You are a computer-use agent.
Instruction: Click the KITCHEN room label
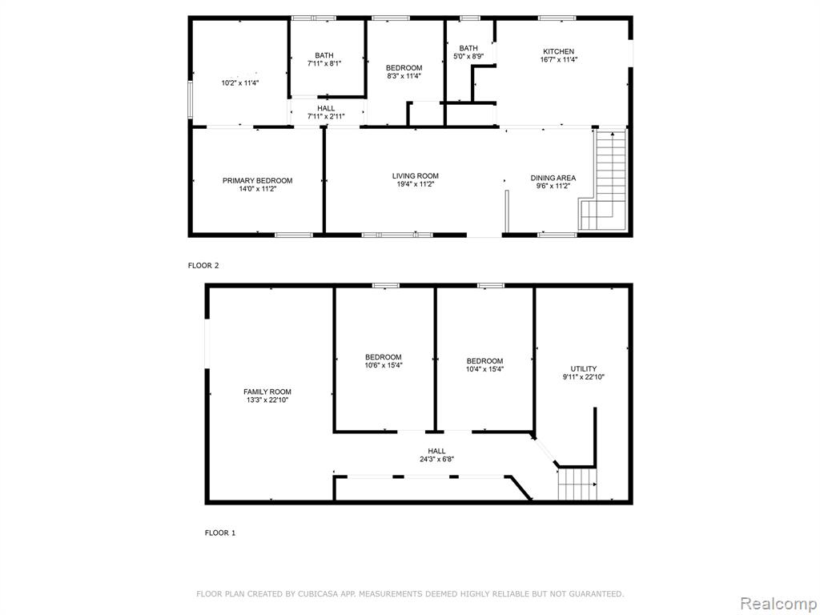pyautogui.click(x=558, y=51)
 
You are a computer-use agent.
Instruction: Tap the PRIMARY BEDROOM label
pyautogui.click(x=257, y=180)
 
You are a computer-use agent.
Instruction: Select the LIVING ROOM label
pyautogui.click(x=416, y=175)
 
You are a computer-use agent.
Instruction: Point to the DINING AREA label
pyautogui.click(x=553, y=178)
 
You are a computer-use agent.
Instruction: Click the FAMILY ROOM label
pyautogui.click(x=267, y=392)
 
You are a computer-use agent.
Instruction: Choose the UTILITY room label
pyautogui.click(x=583, y=368)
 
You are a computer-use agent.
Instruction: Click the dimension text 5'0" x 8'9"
pyautogui.click(x=468, y=56)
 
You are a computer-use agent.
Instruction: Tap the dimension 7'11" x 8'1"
pyautogui.click(x=324, y=63)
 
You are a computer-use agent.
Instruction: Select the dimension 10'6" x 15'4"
pyautogui.click(x=384, y=365)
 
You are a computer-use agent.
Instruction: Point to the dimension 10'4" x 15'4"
pyautogui.click(x=484, y=368)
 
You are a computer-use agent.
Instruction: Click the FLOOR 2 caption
pyautogui.click(x=203, y=265)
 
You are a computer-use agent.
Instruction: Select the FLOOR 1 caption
pyautogui.click(x=219, y=533)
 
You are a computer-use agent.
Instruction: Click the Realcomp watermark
pyautogui.click(x=778, y=604)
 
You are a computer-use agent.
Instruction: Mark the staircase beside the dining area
pyautogui.click(x=603, y=180)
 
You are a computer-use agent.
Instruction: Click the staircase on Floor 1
pyautogui.click(x=577, y=484)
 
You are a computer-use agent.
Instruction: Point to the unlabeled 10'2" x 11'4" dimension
pyautogui.click(x=240, y=82)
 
